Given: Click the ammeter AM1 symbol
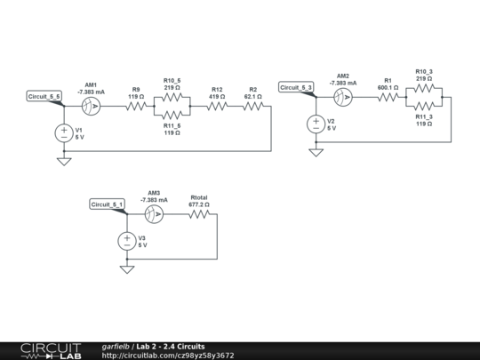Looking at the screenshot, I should click(91, 106).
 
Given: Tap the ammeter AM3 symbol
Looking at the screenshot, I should click(154, 215).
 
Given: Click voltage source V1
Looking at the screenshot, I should click(64, 133).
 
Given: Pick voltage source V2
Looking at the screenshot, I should click(316, 124).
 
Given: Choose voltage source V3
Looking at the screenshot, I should click(127, 241).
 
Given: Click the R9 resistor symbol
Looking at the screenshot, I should click(136, 106).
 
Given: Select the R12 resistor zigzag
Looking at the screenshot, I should click(217, 106).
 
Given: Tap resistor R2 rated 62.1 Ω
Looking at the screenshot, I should click(253, 106).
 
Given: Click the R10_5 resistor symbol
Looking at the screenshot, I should click(172, 98).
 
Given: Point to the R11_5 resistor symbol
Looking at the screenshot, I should click(172, 115).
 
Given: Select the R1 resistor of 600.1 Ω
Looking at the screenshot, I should click(387, 98).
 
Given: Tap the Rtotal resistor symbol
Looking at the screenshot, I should click(199, 215).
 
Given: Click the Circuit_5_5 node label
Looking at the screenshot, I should click(44, 96).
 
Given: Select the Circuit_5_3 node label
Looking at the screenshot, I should click(295, 87).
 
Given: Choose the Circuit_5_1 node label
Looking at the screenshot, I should click(108, 204).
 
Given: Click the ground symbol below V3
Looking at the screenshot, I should click(127, 268).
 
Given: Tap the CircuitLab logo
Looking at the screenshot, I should click(51, 350).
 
